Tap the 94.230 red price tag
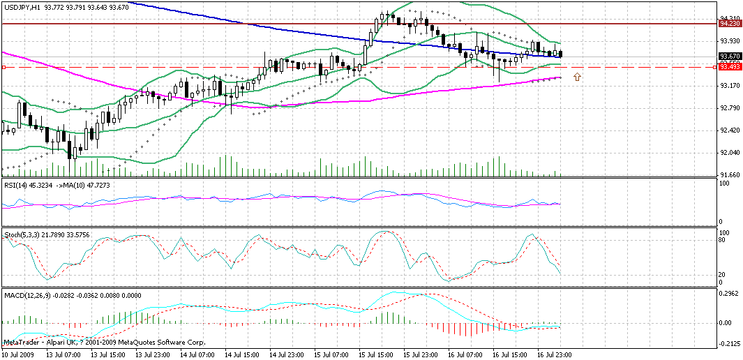729,23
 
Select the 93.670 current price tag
729,56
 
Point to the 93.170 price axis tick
729,85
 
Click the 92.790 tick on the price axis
729,107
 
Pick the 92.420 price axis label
729,130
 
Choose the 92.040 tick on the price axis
729,152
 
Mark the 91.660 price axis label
729,174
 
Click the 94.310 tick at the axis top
729,17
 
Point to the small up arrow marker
577,76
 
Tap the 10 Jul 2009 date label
18,354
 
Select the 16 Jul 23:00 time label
554,354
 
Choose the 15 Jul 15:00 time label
377,354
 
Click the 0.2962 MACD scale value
729,294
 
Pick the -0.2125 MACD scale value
729,343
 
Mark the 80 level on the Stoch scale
724,239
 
